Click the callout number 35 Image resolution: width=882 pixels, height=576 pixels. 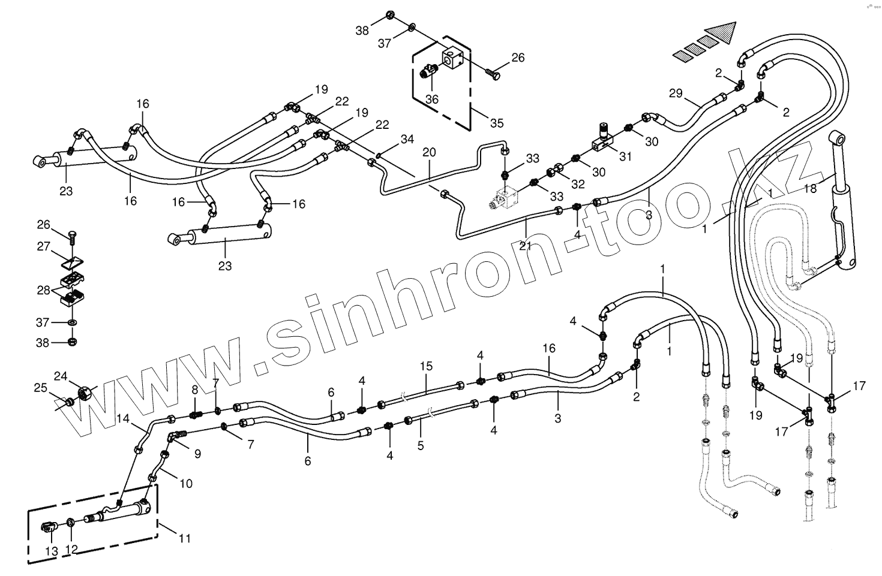[x=497, y=124]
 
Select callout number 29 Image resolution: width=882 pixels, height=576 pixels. [x=676, y=93]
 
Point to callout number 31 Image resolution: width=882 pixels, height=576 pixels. [x=626, y=156]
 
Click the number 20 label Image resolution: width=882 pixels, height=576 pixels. [x=430, y=152]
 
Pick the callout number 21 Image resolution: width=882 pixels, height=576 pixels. [x=526, y=245]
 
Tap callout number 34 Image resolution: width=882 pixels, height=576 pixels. [x=407, y=140]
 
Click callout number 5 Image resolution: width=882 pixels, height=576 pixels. [x=420, y=445]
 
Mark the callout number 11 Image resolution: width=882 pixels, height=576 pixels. [x=185, y=538]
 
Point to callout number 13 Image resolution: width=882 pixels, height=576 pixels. [x=51, y=551]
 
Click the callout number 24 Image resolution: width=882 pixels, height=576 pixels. [x=61, y=376]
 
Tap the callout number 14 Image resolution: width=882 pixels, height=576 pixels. [x=123, y=419]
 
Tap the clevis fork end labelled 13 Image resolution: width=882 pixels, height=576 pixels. [x=50, y=527]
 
